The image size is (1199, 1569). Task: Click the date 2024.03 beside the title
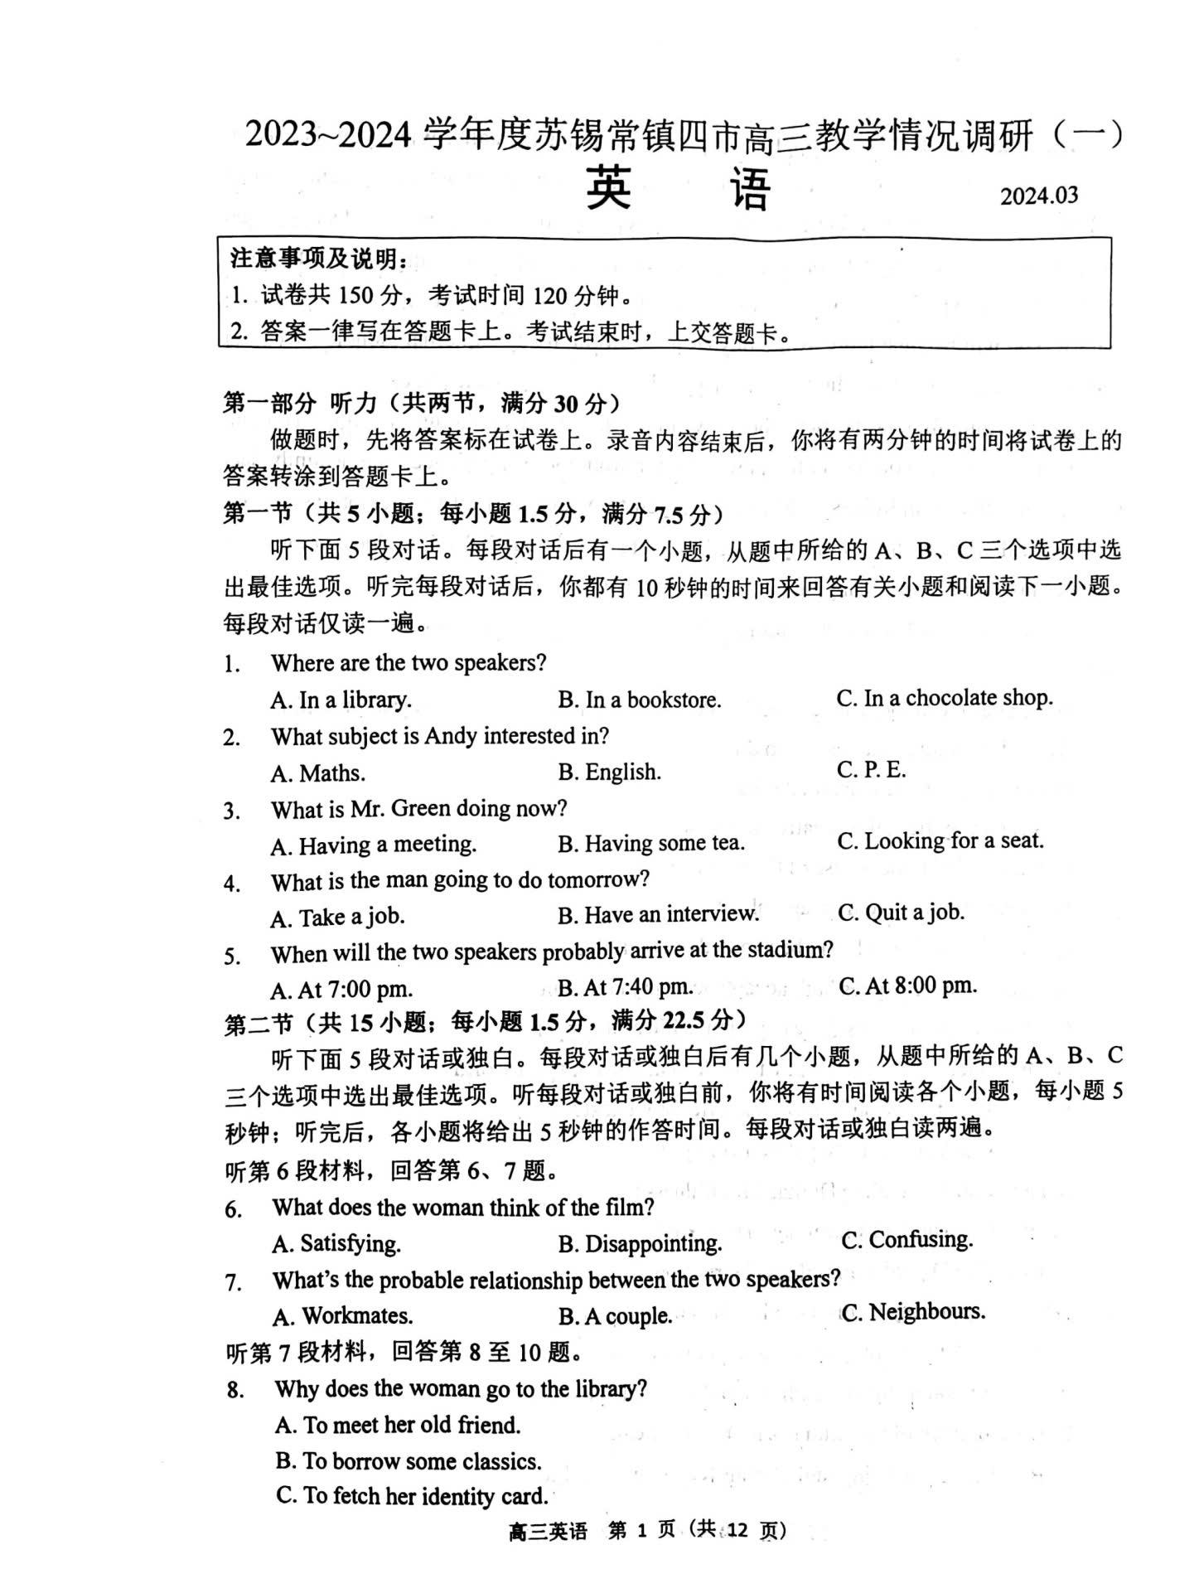tap(1038, 196)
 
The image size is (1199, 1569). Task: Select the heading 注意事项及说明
tap(318, 259)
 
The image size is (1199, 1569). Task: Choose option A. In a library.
tap(341, 700)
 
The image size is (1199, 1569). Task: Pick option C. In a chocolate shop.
tap(944, 698)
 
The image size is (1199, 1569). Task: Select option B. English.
tap(609, 772)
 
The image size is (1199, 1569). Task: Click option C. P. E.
tap(871, 770)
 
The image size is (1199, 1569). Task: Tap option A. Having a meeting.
tap(373, 845)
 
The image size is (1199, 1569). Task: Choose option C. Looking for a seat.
tap(940, 841)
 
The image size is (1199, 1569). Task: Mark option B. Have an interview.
tap(658, 915)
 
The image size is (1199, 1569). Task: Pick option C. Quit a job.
tap(901, 913)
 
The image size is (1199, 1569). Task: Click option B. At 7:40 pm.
tap(625, 987)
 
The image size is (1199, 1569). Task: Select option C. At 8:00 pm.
tap(907, 985)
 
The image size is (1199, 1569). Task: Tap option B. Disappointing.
tap(640, 1243)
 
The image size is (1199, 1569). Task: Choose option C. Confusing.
tap(907, 1240)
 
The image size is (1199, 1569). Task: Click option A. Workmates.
tap(342, 1316)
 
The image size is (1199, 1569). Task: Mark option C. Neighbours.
tap(913, 1312)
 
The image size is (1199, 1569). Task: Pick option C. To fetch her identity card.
tap(412, 1496)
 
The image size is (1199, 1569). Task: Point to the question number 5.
tap(232, 956)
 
